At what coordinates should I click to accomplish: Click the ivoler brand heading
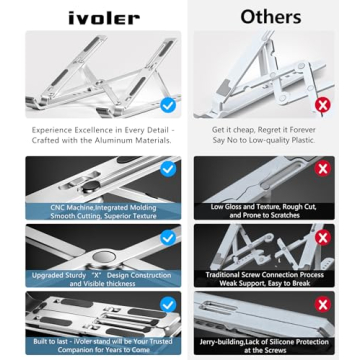(96, 17)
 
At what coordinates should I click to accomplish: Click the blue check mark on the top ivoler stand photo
(167, 104)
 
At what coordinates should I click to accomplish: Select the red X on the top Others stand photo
(322, 104)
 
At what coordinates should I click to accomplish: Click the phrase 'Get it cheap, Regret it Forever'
(265, 130)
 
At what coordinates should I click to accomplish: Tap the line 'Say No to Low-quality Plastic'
(265, 140)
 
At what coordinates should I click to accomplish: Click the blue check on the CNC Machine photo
(167, 169)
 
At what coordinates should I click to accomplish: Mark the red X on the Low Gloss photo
(322, 169)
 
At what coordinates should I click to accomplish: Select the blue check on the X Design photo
(167, 237)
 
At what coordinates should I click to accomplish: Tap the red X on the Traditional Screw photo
(322, 237)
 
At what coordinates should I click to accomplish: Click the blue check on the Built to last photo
(167, 305)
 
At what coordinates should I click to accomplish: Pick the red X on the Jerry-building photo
(322, 305)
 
